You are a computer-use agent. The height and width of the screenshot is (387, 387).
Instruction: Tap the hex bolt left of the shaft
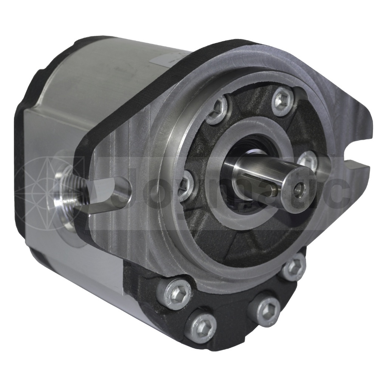click(x=185, y=185)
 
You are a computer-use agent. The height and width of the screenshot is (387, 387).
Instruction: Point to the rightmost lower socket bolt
click(x=294, y=267)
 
